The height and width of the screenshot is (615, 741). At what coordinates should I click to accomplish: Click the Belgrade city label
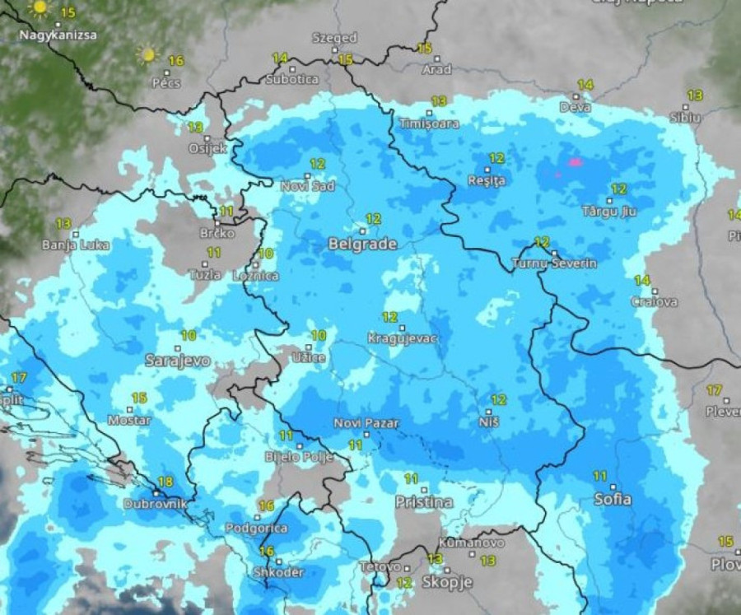(362, 244)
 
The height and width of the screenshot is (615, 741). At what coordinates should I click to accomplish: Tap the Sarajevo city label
(177, 360)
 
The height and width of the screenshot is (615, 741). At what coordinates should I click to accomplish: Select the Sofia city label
(613, 499)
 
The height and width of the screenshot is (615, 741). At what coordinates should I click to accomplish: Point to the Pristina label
(424, 501)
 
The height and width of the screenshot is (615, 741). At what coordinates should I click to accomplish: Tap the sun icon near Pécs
(148, 55)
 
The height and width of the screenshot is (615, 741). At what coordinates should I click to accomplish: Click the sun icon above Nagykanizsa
(39, 8)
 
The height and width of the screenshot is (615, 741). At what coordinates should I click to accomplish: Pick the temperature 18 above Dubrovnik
(165, 482)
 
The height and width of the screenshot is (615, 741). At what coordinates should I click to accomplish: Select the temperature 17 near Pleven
(713, 390)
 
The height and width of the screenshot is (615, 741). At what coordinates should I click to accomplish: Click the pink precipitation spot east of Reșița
(575, 162)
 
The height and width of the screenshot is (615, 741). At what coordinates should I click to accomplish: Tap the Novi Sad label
(307, 186)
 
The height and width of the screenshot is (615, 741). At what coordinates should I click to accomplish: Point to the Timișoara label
(428, 123)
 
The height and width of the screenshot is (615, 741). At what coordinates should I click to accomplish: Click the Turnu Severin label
(554, 263)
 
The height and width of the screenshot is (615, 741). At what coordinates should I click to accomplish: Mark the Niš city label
(488, 421)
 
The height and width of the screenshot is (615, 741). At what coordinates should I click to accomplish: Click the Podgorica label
(258, 528)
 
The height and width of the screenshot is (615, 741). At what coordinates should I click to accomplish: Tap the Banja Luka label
(76, 245)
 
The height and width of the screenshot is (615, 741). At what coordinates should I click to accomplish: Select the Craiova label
(655, 301)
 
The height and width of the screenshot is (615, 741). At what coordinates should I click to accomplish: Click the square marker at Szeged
(335, 49)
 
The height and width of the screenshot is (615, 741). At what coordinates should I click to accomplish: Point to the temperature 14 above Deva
(585, 85)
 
